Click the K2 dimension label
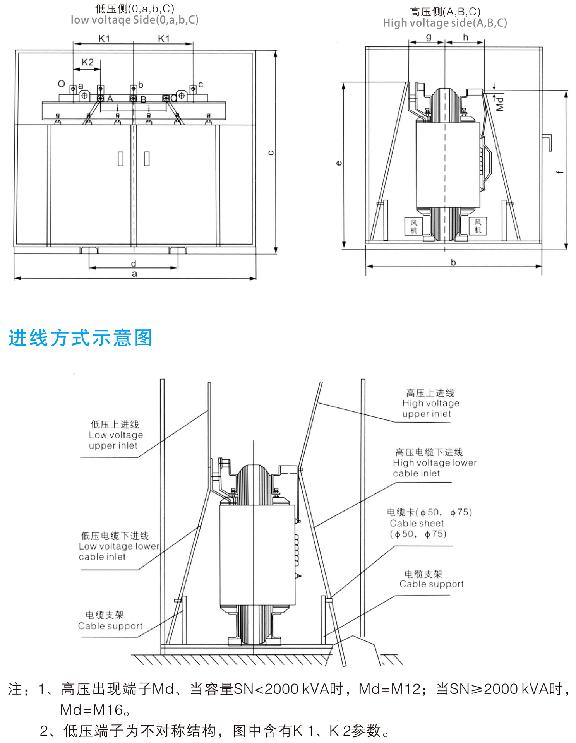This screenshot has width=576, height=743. [x=87, y=62]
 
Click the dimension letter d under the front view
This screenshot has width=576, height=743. [x=134, y=264]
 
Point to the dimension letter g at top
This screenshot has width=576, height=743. [x=429, y=37]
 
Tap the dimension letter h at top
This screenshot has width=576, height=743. [x=466, y=37]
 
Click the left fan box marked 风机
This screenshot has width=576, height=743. [x=414, y=226]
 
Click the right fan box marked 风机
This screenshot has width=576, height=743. [x=478, y=226]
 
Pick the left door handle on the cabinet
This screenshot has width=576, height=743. [x=121, y=159]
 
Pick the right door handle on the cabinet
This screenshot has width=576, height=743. [x=147, y=159]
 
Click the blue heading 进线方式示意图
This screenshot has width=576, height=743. [x=81, y=338]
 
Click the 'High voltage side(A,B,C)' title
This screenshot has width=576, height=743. [x=445, y=23]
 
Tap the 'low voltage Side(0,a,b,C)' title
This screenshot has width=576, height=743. [x=134, y=20]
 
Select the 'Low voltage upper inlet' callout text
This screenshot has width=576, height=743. [x=116, y=435]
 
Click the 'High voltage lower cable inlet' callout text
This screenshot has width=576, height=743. [x=434, y=463]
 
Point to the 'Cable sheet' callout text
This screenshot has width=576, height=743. [x=417, y=524]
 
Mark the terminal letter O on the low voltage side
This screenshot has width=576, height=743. [x=61, y=84]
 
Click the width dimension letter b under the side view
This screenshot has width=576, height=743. [x=453, y=262]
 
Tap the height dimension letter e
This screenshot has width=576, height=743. [x=339, y=163]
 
